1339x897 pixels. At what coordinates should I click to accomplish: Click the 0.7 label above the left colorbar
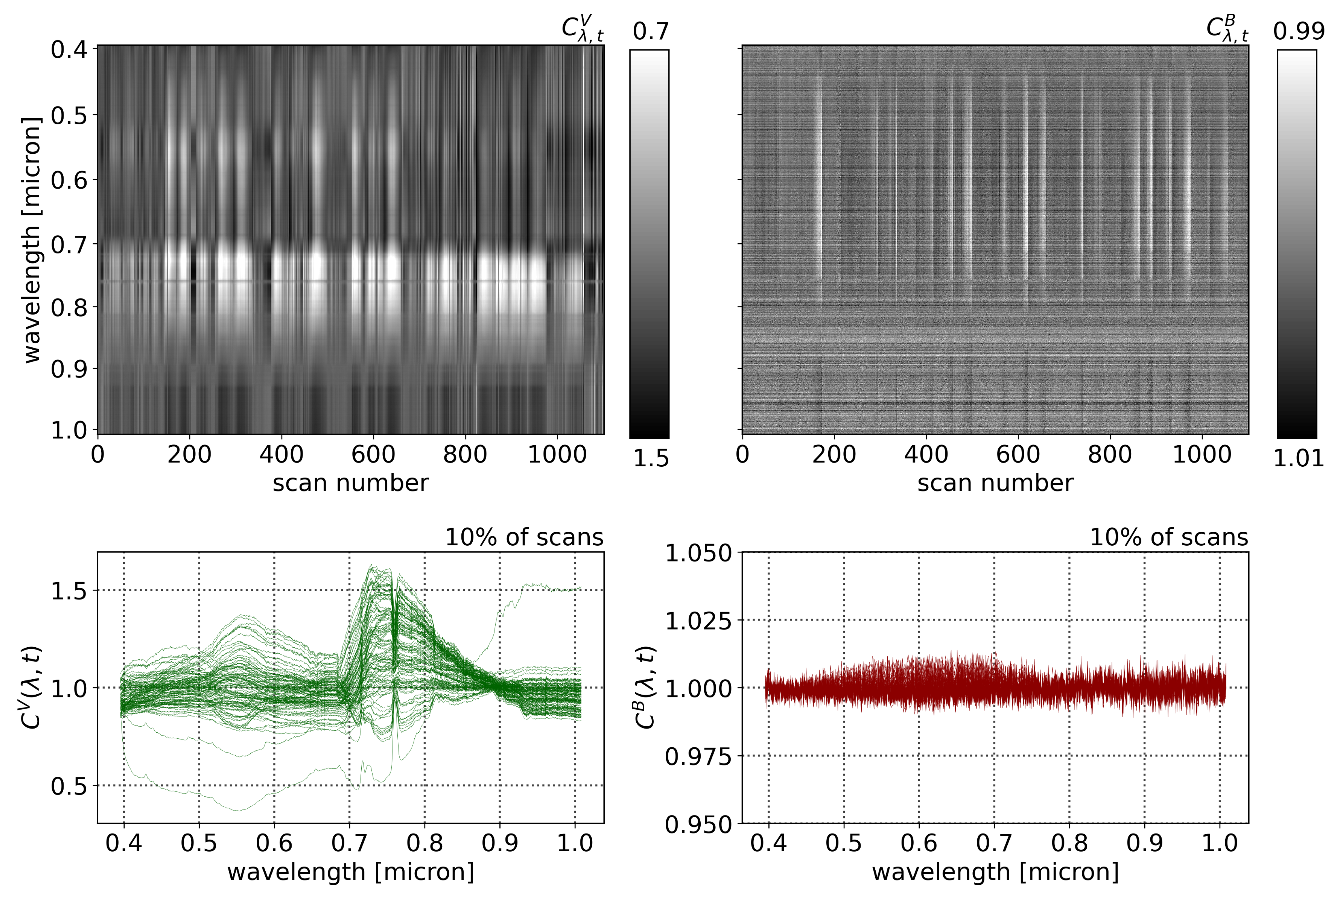pos(650,31)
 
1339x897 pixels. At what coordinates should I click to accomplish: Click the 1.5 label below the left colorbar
pos(650,458)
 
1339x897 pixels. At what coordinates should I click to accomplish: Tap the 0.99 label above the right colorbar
pos(1298,31)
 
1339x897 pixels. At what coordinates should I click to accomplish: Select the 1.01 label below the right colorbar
pos(1298,458)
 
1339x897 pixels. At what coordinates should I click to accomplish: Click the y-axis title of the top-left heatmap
pos(32,240)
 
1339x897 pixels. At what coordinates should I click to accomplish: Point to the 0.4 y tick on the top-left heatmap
pos(69,50)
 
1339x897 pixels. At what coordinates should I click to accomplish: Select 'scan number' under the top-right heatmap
pos(995,483)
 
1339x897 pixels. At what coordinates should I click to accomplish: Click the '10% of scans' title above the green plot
pos(524,538)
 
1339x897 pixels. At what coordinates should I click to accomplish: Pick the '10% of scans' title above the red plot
pos(1169,538)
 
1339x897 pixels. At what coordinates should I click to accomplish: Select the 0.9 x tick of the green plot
pos(499,843)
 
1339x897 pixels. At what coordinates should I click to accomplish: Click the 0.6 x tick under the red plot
pos(919,843)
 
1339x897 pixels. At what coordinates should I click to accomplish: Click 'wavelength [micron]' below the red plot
pos(995,872)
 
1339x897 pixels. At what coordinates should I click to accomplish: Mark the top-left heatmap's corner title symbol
pos(582,29)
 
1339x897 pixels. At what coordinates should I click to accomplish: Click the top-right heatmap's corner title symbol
pos(1227,29)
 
